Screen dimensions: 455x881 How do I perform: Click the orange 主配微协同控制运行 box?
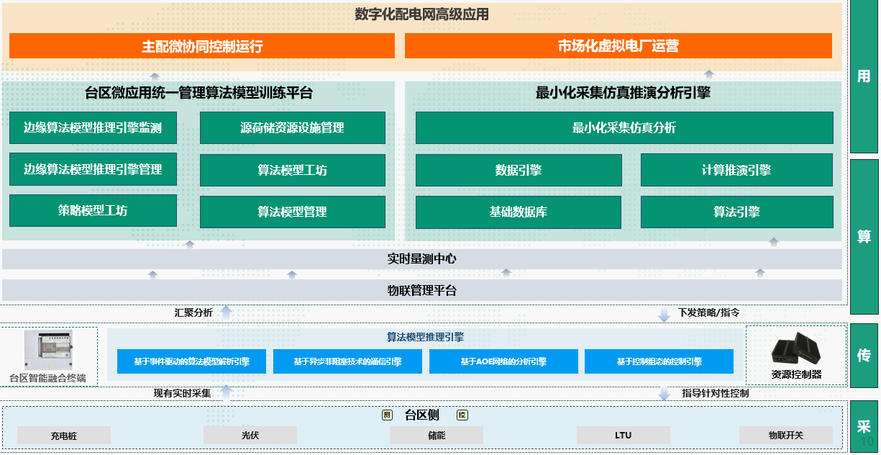click(x=202, y=46)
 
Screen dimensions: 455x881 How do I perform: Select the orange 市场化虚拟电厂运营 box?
click(x=618, y=46)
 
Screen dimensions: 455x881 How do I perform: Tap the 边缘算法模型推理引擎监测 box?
click(x=93, y=128)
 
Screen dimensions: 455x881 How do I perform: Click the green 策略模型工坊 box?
click(x=93, y=210)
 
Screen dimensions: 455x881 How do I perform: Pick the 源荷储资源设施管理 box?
click(x=292, y=128)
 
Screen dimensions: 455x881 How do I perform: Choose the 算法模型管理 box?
click(x=292, y=212)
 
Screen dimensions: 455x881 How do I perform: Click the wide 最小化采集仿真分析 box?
click(x=624, y=128)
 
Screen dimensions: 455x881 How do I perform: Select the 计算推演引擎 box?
click(x=736, y=170)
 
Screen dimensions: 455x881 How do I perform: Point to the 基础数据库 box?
click(x=518, y=212)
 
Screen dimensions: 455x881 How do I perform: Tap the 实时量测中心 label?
click(x=421, y=259)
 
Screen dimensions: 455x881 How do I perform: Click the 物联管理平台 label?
click(x=421, y=291)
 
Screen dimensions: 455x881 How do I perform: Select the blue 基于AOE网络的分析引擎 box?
click(x=503, y=361)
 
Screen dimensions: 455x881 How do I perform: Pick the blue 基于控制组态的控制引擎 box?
click(x=659, y=361)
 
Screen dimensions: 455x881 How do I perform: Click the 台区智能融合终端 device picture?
click(x=48, y=350)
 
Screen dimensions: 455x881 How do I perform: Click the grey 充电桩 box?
click(x=64, y=436)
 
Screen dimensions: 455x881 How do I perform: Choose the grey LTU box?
click(x=623, y=436)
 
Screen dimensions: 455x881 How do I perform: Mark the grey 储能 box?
click(x=437, y=436)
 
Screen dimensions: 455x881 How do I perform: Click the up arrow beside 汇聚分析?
click(x=226, y=312)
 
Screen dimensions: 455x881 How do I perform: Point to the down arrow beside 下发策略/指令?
click(x=664, y=314)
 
